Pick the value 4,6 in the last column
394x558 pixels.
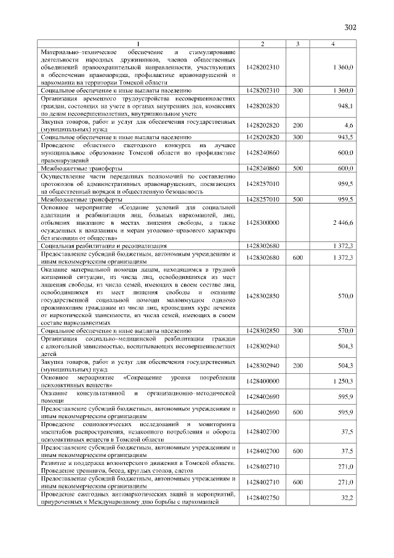(348, 125)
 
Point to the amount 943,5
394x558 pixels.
(344, 137)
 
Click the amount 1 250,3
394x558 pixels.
(342, 381)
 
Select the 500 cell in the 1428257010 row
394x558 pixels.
(297, 200)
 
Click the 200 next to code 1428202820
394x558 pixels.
(297, 125)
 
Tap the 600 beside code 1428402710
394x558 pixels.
(297, 482)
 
